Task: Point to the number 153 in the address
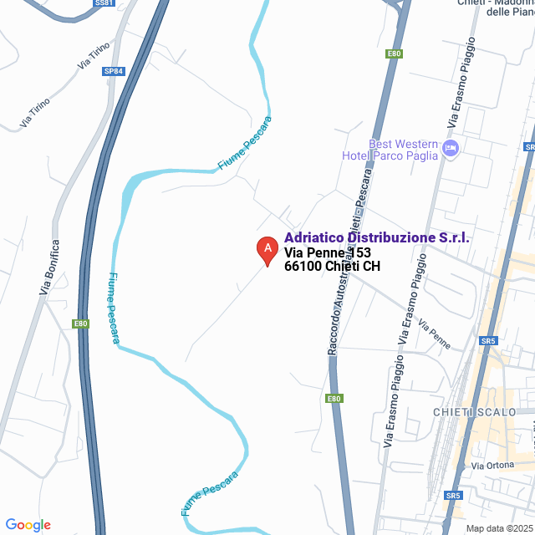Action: [359, 252]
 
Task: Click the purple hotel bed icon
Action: [451, 149]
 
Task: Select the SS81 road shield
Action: [104, 3]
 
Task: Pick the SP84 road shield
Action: [114, 72]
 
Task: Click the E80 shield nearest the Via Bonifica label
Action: [80, 324]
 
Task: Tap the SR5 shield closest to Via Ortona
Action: [453, 496]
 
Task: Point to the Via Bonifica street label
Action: [49, 267]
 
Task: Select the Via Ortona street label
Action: [491, 465]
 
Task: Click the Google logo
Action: [28, 525]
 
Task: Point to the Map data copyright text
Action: [499, 528]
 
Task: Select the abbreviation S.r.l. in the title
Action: [455, 238]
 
